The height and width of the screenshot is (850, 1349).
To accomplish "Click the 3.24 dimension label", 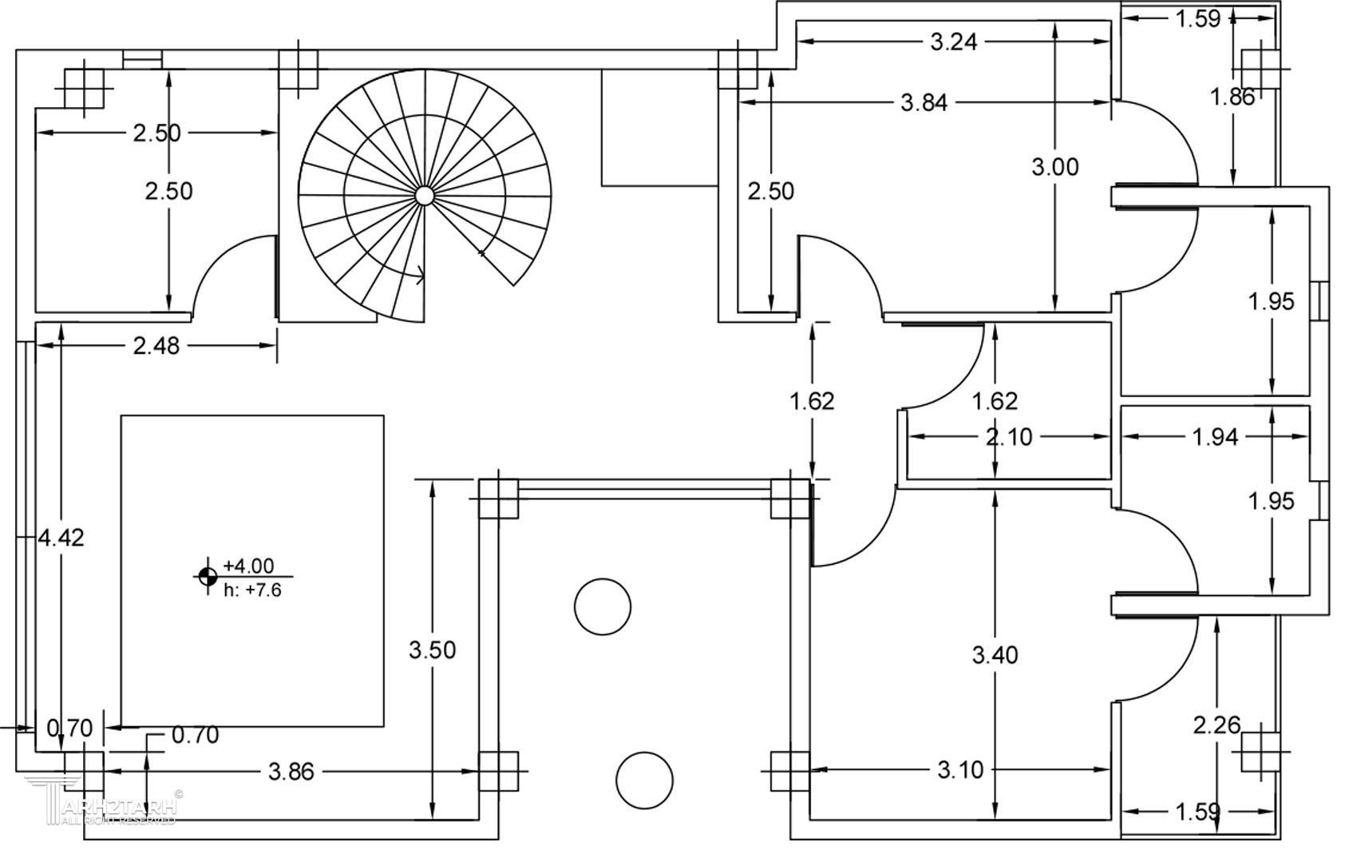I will (953, 42).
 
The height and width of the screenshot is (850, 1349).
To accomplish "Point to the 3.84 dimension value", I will (924, 102).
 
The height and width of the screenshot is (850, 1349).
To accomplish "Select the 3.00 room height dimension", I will (1054, 167).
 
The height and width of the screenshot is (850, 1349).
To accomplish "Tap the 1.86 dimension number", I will (1232, 97).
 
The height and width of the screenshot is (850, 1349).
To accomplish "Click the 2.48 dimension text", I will (156, 346).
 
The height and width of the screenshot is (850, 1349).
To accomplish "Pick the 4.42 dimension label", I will (61, 538).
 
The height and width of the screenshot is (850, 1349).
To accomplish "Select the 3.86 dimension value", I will (291, 772).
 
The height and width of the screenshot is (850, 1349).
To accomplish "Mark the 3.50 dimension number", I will (432, 649).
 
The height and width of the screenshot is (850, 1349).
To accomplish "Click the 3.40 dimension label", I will (995, 655).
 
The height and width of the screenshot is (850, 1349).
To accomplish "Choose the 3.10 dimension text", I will (960, 770).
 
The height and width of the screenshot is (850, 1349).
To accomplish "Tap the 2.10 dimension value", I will (1009, 437).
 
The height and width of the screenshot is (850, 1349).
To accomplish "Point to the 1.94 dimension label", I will (1215, 436).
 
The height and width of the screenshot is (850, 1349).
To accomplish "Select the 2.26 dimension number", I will (1216, 725).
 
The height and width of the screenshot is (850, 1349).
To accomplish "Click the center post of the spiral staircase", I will (424, 196).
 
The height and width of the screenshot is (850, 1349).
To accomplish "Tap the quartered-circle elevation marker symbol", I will (207, 575).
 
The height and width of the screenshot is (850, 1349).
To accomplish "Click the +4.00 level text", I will (248, 566).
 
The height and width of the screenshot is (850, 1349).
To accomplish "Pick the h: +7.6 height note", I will (251, 590).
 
